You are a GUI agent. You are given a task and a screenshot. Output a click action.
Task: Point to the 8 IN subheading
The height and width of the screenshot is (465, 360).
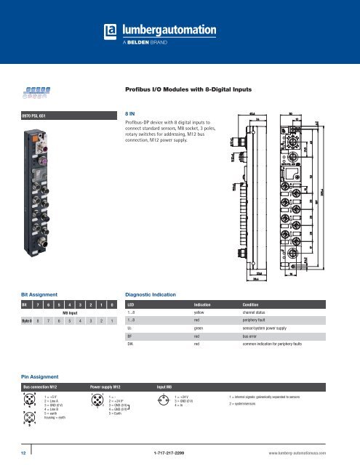pos(131,114)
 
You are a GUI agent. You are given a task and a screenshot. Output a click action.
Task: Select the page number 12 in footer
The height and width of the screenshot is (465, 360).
pos(12,450)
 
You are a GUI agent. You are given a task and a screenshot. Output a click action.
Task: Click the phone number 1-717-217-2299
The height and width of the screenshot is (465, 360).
pos(179,451)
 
